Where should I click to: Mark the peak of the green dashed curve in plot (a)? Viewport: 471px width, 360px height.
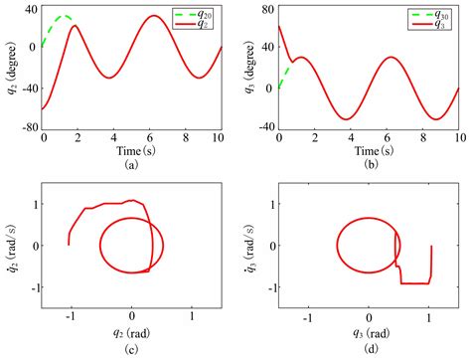pos(64,16)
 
